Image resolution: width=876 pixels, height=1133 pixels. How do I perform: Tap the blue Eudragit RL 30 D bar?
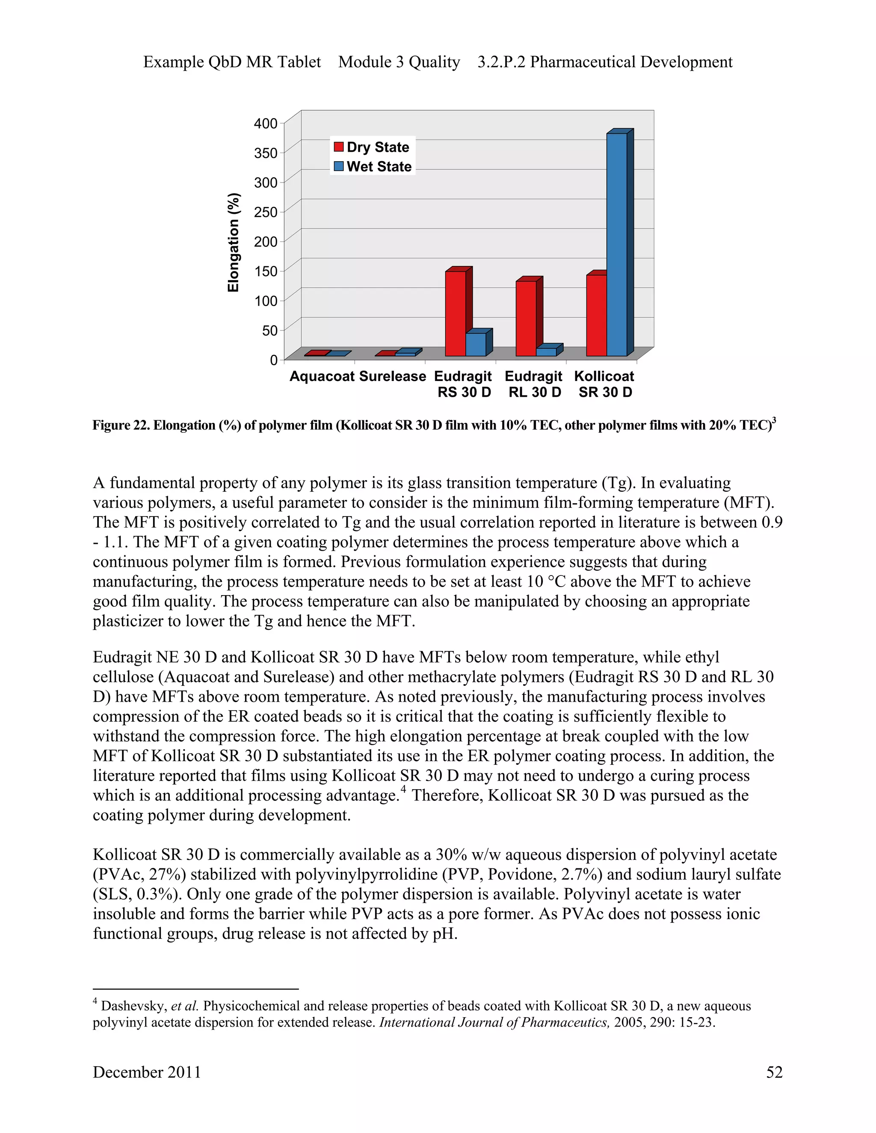[546, 352]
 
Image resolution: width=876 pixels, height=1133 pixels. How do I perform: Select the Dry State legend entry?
[372, 148]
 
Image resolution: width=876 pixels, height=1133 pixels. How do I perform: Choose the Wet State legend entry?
[373, 166]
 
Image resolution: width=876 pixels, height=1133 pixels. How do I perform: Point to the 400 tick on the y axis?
[266, 124]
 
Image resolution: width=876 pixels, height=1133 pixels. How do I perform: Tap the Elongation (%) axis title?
[234, 242]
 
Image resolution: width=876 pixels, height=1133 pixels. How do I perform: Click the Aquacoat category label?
[322, 376]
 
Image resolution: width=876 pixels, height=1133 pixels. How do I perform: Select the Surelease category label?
[392, 376]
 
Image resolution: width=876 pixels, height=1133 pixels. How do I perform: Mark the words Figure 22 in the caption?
[120, 425]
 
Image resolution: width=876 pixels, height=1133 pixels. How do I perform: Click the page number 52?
[774, 1072]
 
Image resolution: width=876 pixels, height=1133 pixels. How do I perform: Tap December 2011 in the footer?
[146, 1072]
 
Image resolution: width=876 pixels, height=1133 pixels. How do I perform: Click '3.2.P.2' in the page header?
[501, 62]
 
